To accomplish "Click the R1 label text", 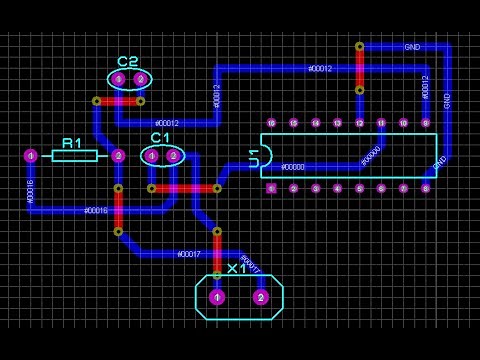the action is point(72,143).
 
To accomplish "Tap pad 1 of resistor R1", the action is point(31,155).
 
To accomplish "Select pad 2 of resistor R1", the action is point(118,155).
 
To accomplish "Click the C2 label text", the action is point(128,62).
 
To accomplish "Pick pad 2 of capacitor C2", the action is point(140,79).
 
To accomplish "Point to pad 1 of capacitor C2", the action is point(118,79).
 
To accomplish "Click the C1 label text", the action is point(161,137).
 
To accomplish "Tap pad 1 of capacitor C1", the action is point(152,155).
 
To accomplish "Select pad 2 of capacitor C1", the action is point(173,155).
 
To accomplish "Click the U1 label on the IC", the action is point(254,157).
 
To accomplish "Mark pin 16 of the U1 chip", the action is point(271,123).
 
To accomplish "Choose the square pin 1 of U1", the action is point(271,188).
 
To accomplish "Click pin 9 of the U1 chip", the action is point(425,123).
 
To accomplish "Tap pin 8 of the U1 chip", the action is point(425,188).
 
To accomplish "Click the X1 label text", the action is point(237,269).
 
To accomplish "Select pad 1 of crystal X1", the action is point(217,297).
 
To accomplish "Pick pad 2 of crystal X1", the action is point(261,297).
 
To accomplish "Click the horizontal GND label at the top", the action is point(412,47).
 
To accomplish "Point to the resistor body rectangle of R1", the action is point(74,155).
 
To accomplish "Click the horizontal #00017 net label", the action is point(189,254).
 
